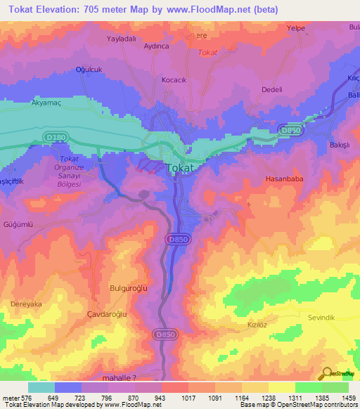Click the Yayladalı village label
pos(120,39)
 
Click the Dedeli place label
pos(271,89)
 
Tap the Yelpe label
pos(295,28)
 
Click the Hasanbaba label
pos(284,179)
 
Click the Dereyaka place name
pos(27,304)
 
